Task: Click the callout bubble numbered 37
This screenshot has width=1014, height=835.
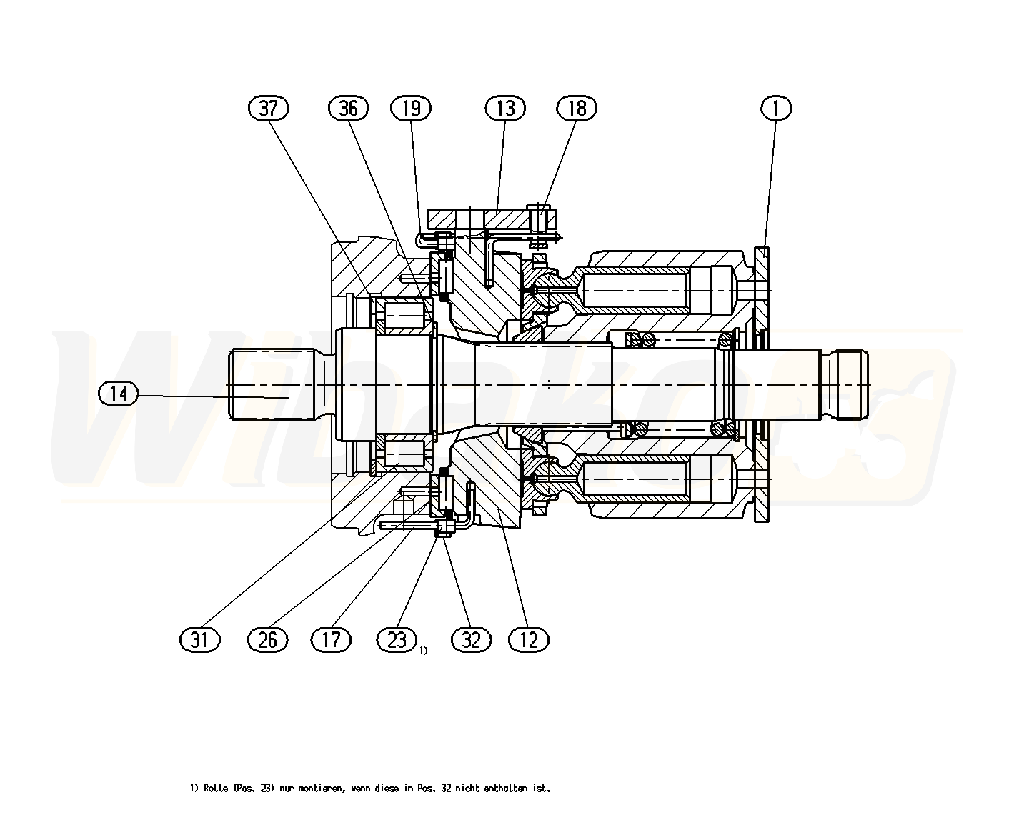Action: coord(268,108)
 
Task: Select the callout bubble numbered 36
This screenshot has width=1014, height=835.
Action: coord(348,108)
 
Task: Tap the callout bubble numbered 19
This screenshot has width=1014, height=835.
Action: coord(412,108)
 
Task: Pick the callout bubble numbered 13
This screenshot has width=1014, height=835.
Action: coord(505,108)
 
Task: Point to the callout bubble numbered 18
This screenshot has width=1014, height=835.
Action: coord(577,108)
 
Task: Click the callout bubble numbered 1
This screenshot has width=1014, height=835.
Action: coord(777,108)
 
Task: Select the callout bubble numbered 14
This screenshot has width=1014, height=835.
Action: coord(119,394)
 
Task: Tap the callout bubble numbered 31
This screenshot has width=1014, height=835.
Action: coord(199,639)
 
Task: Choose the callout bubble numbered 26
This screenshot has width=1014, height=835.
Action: coord(267,639)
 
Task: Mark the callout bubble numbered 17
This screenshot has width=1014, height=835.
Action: coord(332,639)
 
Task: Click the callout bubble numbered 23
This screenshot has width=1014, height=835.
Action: coord(397,639)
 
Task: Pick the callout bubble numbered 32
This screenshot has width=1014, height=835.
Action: coord(472,639)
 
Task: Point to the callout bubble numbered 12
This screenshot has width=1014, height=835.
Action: coord(529,639)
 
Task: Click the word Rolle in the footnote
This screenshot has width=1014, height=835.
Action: coord(215,789)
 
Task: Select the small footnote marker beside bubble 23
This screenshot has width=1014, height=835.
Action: coord(424,650)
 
